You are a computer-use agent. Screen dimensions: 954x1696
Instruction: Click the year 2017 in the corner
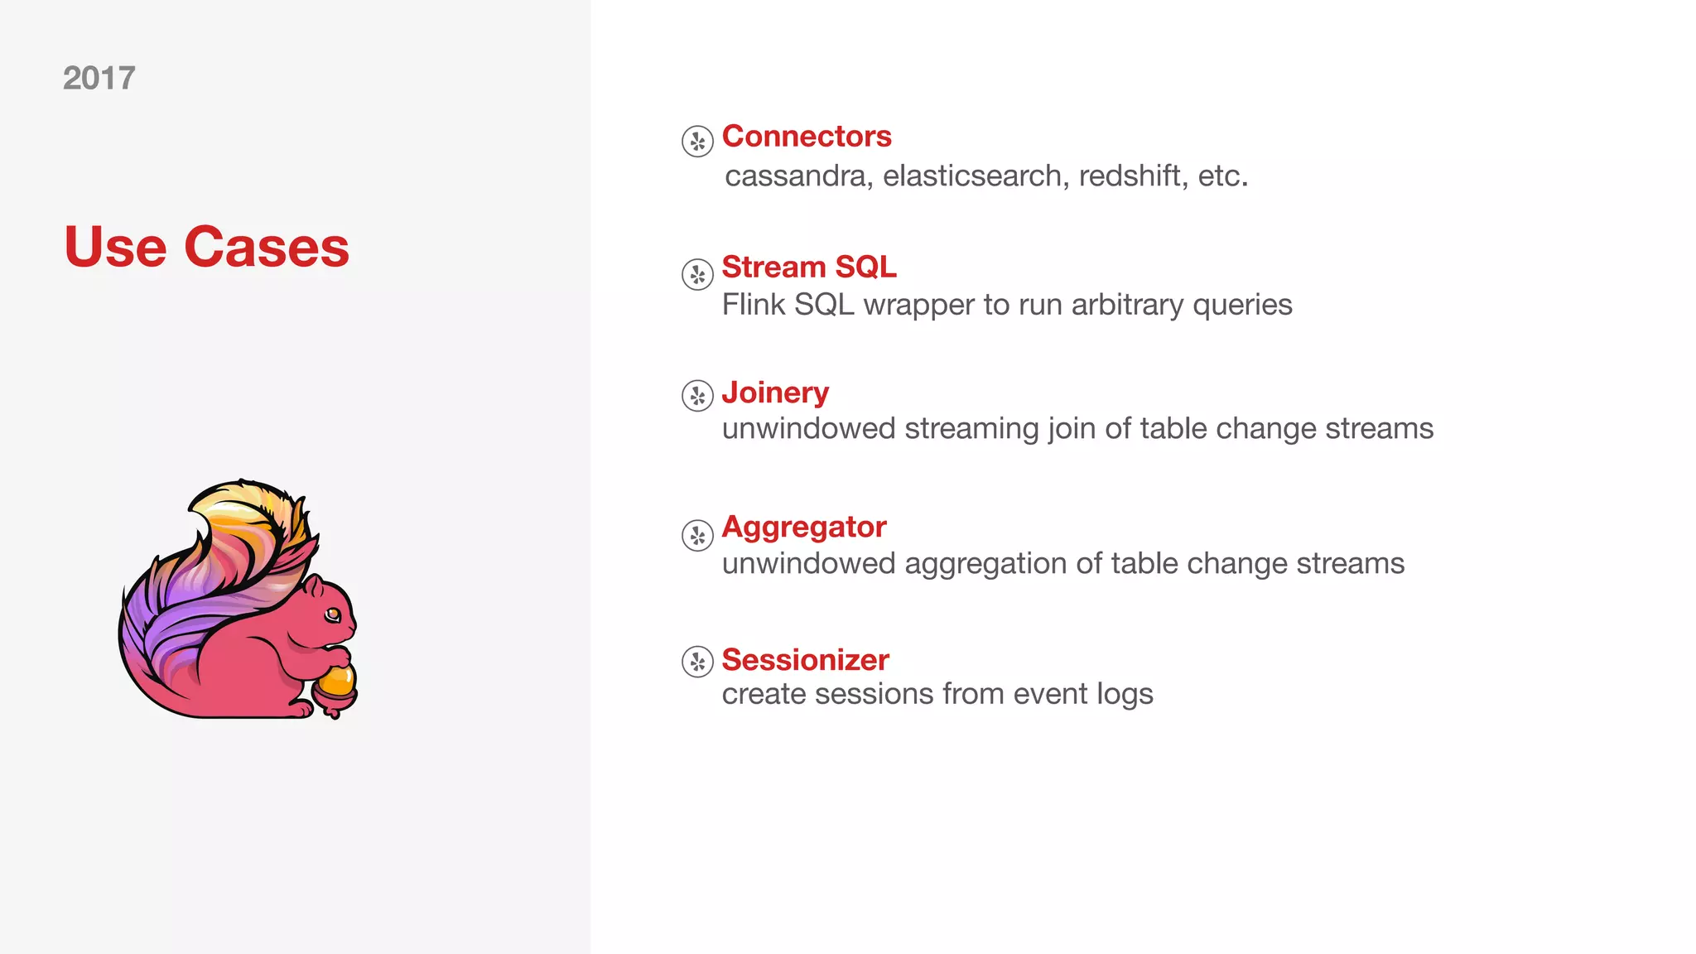[99, 79]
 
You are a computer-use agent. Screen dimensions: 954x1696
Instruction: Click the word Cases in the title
[267, 247]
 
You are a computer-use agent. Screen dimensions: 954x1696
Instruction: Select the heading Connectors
[807, 136]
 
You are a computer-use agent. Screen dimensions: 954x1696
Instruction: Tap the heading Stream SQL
[809, 267]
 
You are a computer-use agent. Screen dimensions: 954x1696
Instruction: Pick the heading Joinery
[775, 393]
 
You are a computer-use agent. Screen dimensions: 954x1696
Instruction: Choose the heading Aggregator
[804, 527]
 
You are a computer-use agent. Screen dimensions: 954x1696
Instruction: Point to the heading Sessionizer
[805, 660]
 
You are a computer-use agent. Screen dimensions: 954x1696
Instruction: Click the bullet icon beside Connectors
[697, 142]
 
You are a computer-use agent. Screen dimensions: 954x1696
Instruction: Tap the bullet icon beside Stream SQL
[697, 274]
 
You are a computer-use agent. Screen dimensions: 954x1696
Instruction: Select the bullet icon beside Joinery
[697, 396]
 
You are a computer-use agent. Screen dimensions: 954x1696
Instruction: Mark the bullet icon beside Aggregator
[697, 535]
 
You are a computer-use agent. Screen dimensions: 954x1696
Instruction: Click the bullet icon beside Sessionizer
[697, 662]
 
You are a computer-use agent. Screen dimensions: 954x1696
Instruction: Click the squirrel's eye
[333, 614]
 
